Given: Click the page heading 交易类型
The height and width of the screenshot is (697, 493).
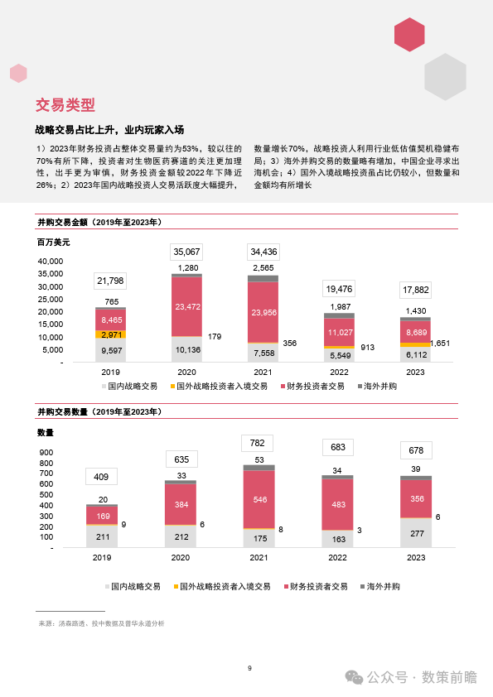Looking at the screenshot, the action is pyautogui.click(x=65, y=105).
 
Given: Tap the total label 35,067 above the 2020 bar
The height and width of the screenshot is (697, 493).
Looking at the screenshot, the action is pyautogui.click(x=187, y=252).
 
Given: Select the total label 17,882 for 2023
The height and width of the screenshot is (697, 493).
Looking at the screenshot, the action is pyautogui.click(x=416, y=290).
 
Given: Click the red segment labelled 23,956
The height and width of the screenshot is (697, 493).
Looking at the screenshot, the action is pyautogui.click(x=263, y=312).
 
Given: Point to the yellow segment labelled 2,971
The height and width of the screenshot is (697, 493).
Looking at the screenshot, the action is pyautogui.click(x=111, y=334).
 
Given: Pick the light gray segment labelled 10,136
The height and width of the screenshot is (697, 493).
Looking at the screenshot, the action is pyautogui.click(x=187, y=349).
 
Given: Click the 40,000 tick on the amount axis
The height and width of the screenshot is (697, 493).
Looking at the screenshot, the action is pyautogui.click(x=51, y=262).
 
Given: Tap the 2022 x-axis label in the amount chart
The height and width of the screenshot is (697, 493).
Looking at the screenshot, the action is pyautogui.click(x=339, y=372).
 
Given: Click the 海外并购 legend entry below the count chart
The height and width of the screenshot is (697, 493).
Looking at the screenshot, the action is pyautogui.click(x=380, y=586).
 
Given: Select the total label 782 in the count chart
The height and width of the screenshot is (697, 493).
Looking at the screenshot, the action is pyautogui.click(x=257, y=443).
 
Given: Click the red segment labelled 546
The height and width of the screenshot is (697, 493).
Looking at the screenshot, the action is pyautogui.click(x=259, y=500).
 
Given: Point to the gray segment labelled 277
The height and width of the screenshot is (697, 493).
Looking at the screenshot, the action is pyautogui.click(x=416, y=533).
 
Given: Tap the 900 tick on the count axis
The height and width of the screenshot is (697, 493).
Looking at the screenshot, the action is pyautogui.click(x=46, y=453).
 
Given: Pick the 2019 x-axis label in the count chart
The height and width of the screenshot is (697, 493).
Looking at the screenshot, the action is pyautogui.click(x=102, y=557).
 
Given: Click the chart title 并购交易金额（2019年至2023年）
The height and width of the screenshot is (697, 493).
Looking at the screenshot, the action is pyautogui.click(x=99, y=222).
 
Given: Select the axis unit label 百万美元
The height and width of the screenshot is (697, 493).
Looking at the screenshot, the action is pyautogui.click(x=53, y=243).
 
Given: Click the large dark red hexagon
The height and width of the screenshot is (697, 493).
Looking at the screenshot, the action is pyautogui.click(x=409, y=35).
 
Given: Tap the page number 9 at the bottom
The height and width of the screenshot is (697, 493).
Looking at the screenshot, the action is pyautogui.click(x=249, y=668).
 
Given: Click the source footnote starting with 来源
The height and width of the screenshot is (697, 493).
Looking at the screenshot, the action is pyautogui.click(x=101, y=623).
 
